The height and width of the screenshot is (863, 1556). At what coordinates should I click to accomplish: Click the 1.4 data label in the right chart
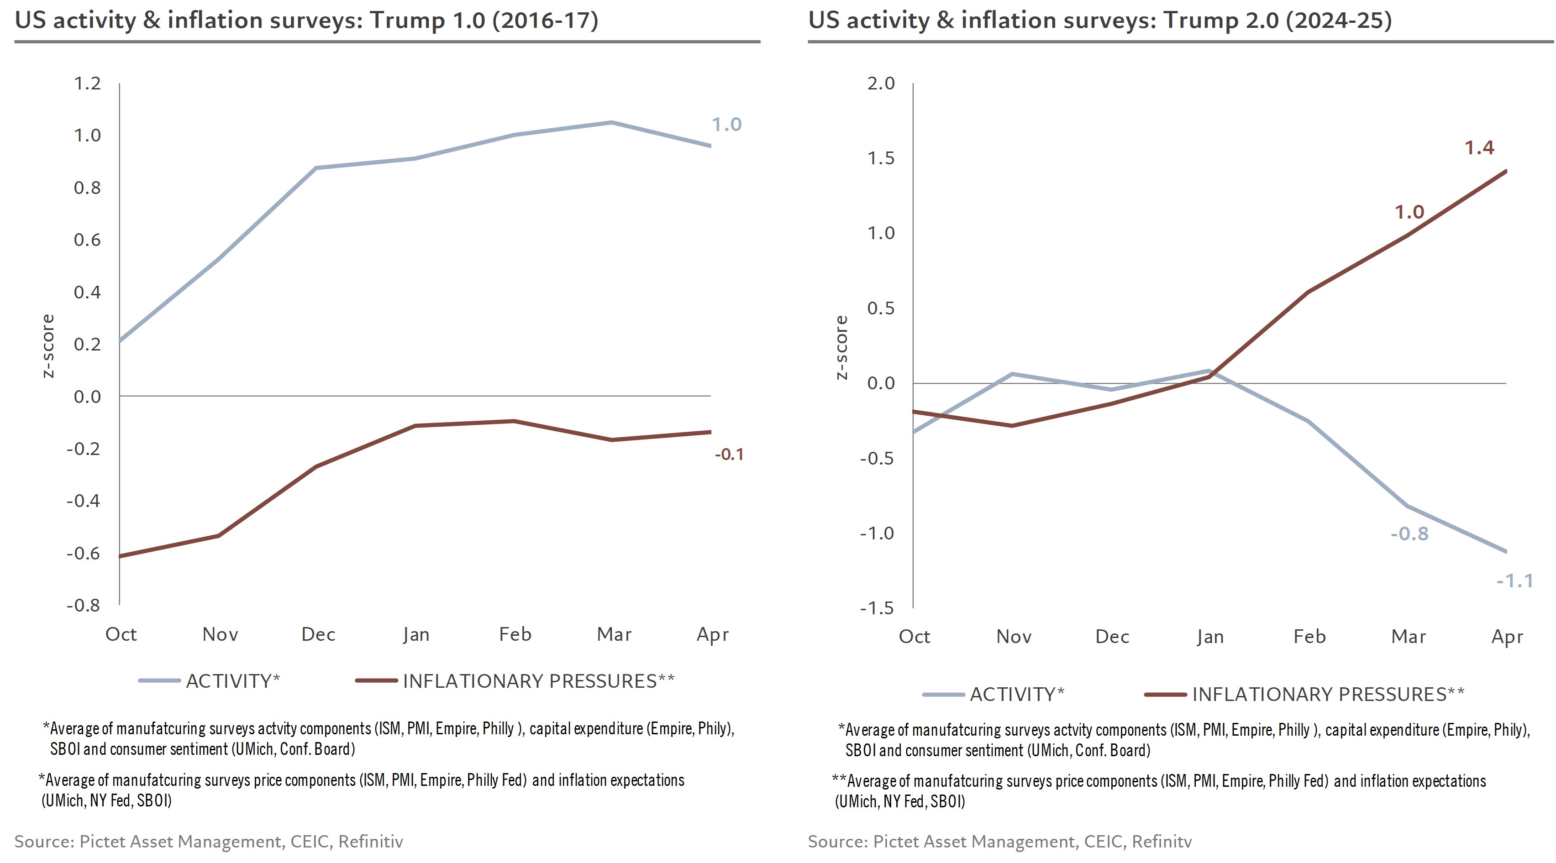point(1479,148)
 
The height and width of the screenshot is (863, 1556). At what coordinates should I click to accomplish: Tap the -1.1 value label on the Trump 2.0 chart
point(1514,581)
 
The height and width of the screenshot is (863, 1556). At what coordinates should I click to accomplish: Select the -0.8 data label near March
point(1409,534)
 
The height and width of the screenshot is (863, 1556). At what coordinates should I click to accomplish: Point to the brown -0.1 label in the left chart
point(729,454)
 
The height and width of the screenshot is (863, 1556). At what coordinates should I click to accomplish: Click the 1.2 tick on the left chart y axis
point(88,84)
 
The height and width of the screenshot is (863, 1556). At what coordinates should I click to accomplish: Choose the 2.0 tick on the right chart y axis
point(881,84)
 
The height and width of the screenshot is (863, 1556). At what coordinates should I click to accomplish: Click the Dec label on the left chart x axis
point(318,634)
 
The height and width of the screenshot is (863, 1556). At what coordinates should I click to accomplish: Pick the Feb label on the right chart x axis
point(1309,637)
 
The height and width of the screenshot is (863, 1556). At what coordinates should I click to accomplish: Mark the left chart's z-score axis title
point(48,346)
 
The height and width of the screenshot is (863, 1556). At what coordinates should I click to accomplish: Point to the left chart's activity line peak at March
point(611,123)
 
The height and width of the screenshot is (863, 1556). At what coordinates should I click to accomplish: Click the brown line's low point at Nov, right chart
point(1012,426)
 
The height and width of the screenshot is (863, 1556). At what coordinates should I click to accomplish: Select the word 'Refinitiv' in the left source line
point(370,841)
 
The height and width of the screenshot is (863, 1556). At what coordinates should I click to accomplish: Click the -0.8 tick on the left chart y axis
point(84,606)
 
